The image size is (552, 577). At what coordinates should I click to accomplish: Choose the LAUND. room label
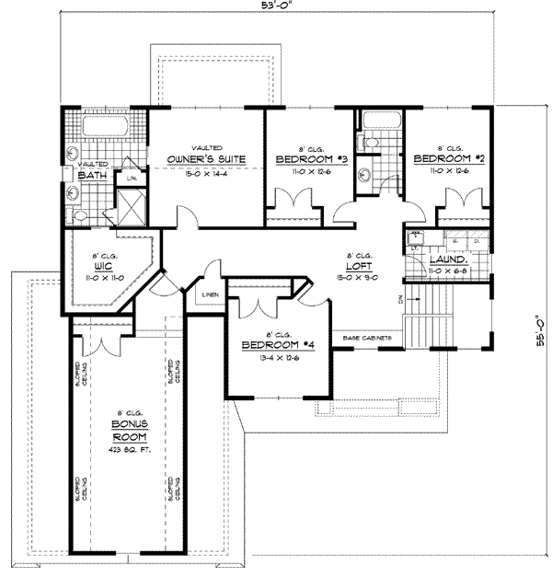[x=448, y=260]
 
